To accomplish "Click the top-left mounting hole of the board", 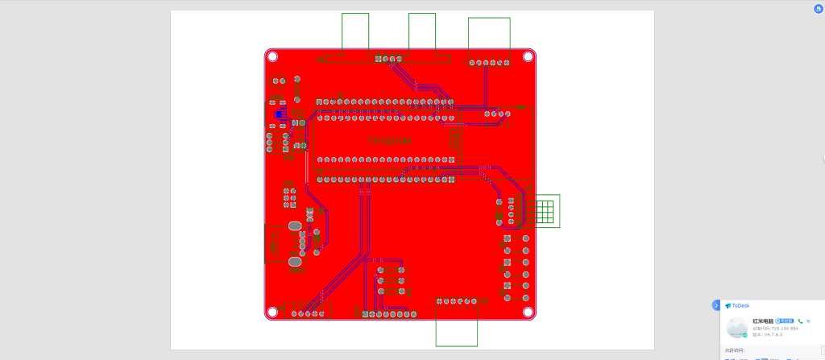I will click(x=272, y=56).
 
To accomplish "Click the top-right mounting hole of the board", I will click(x=528, y=56).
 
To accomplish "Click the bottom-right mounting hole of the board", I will click(x=528, y=312).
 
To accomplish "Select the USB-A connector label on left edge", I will click(x=272, y=243).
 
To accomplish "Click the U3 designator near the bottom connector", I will click(x=475, y=300).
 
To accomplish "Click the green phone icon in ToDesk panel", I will click(x=800, y=321).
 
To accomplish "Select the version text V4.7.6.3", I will click(x=771, y=334).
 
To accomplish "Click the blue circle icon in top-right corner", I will click(x=818, y=8).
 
